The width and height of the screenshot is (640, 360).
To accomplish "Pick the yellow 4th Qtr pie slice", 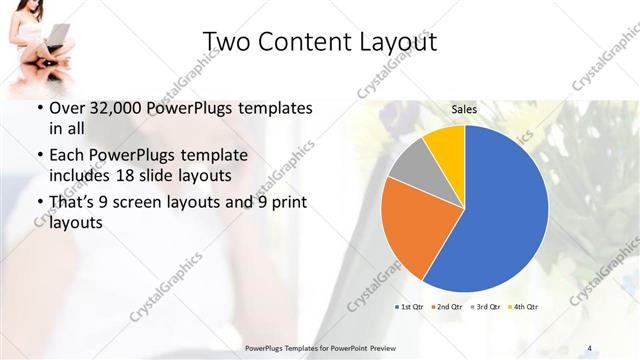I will tap(446, 146).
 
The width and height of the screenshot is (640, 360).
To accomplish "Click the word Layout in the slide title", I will tap(391, 41).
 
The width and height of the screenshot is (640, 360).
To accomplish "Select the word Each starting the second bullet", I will tap(65, 157).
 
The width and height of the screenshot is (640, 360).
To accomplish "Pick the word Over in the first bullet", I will tap(67, 107).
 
